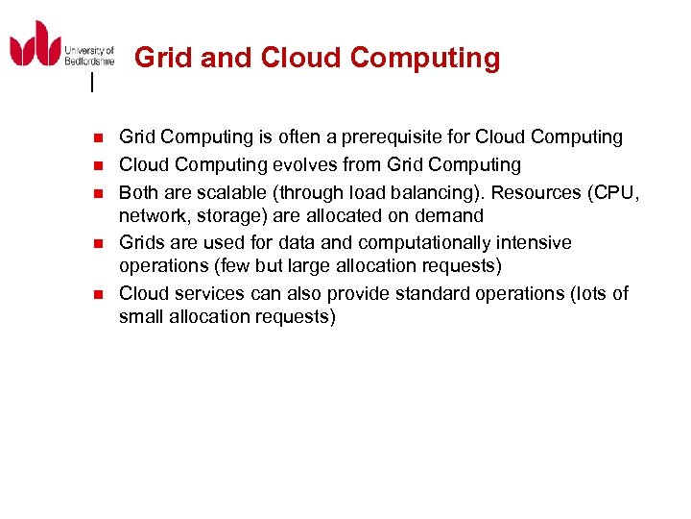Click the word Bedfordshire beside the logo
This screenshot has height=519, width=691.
(90, 60)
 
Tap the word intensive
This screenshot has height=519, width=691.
(533, 242)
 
